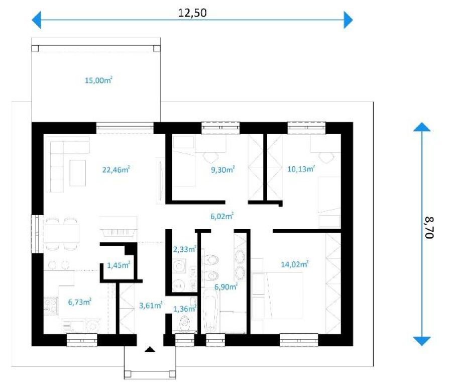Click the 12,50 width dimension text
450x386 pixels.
pyautogui.click(x=192, y=13)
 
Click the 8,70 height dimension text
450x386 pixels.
pyautogui.click(x=429, y=228)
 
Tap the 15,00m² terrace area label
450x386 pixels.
pyautogui.click(x=98, y=80)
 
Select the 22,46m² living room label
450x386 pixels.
pyautogui.click(x=116, y=169)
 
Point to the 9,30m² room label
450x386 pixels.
pyautogui.click(x=223, y=169)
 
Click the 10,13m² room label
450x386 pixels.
pyautogui.click(x=301, y=168)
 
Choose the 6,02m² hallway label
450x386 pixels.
pyautogui.click(x=222, y=216)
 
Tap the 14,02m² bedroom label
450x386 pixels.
pyautogui.click(x=295, y=264)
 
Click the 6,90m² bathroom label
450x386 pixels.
pyautogui.click(x=226, y=286)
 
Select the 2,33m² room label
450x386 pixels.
pyautogui.click(x=184, y=249)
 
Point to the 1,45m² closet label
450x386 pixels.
pyautogui.click(x=119, y=265)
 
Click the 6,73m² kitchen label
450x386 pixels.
pyautogui.click(x=80, y=302)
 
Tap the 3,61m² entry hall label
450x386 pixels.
pyautogui.click(x=151, y=305)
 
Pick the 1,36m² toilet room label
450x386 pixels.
pyautogui.click(x=185, y=309)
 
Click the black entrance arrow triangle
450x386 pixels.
pyautogui.click(x=150, y=349)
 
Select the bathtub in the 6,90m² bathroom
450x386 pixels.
pyautogui.click(x=210, y=311)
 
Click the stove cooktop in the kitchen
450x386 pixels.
pyautogui.click(x=51, y=306)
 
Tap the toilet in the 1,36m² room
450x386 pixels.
pyautogui.click(x=185, y=323)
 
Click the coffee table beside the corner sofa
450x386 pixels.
pyautogui.click(x=77, y=173)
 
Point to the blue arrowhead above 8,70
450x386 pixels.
pyautogui.click(x=421, y=127)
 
